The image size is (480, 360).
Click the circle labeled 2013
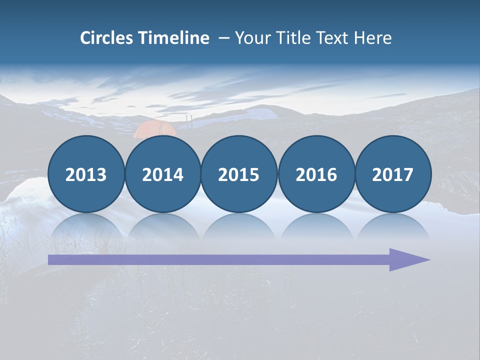click(86, 174)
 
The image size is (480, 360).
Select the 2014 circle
click(163, 174)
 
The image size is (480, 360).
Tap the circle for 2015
click(239, 174)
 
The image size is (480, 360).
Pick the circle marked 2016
click(316, 174)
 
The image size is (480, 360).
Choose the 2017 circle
click(393, 174)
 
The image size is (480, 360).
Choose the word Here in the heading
click(372, 38)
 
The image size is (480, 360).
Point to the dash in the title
click(223, 38)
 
